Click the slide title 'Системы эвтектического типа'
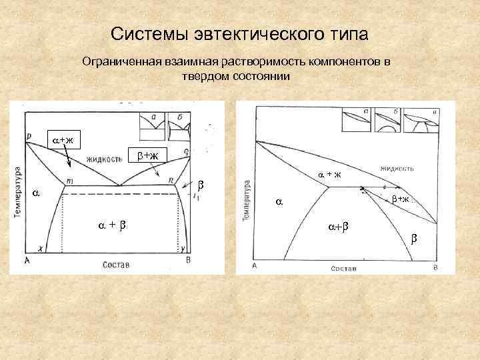click(x=239, y=34)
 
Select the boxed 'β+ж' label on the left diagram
click(x=145, y=156)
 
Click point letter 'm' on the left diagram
click(x=69, y=181)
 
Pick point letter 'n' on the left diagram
click(x=171, y=180)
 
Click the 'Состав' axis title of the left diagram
click(x=116, y=265)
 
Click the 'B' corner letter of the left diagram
click(x=189, y=261)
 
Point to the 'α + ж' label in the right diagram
click(x=329, y=175)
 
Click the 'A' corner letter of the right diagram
click(x=255, y=266)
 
